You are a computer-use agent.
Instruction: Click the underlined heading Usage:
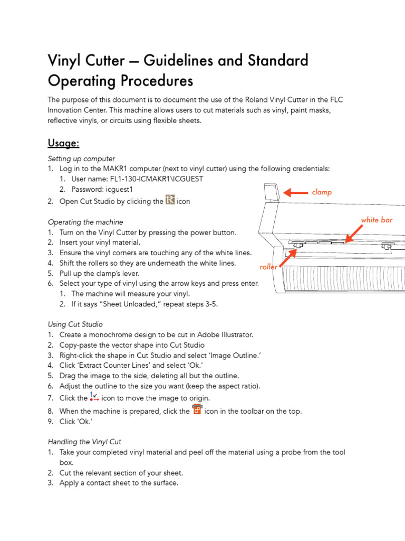(63, 143)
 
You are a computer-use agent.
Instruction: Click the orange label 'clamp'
(322, 192)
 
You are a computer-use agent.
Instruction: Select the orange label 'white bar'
(377, 220)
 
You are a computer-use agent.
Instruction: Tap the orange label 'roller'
(268, 267)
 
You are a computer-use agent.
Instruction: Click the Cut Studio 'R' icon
(170, 200)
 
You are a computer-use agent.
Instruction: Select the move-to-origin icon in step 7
(94, 397)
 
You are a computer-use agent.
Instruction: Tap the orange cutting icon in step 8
(197, 410)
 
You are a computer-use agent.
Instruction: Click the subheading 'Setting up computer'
(81, 159)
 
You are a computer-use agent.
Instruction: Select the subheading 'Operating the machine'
(85, 222)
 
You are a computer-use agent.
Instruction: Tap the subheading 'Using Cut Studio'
(75, 324)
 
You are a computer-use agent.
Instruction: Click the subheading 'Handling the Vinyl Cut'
(85, 442)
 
